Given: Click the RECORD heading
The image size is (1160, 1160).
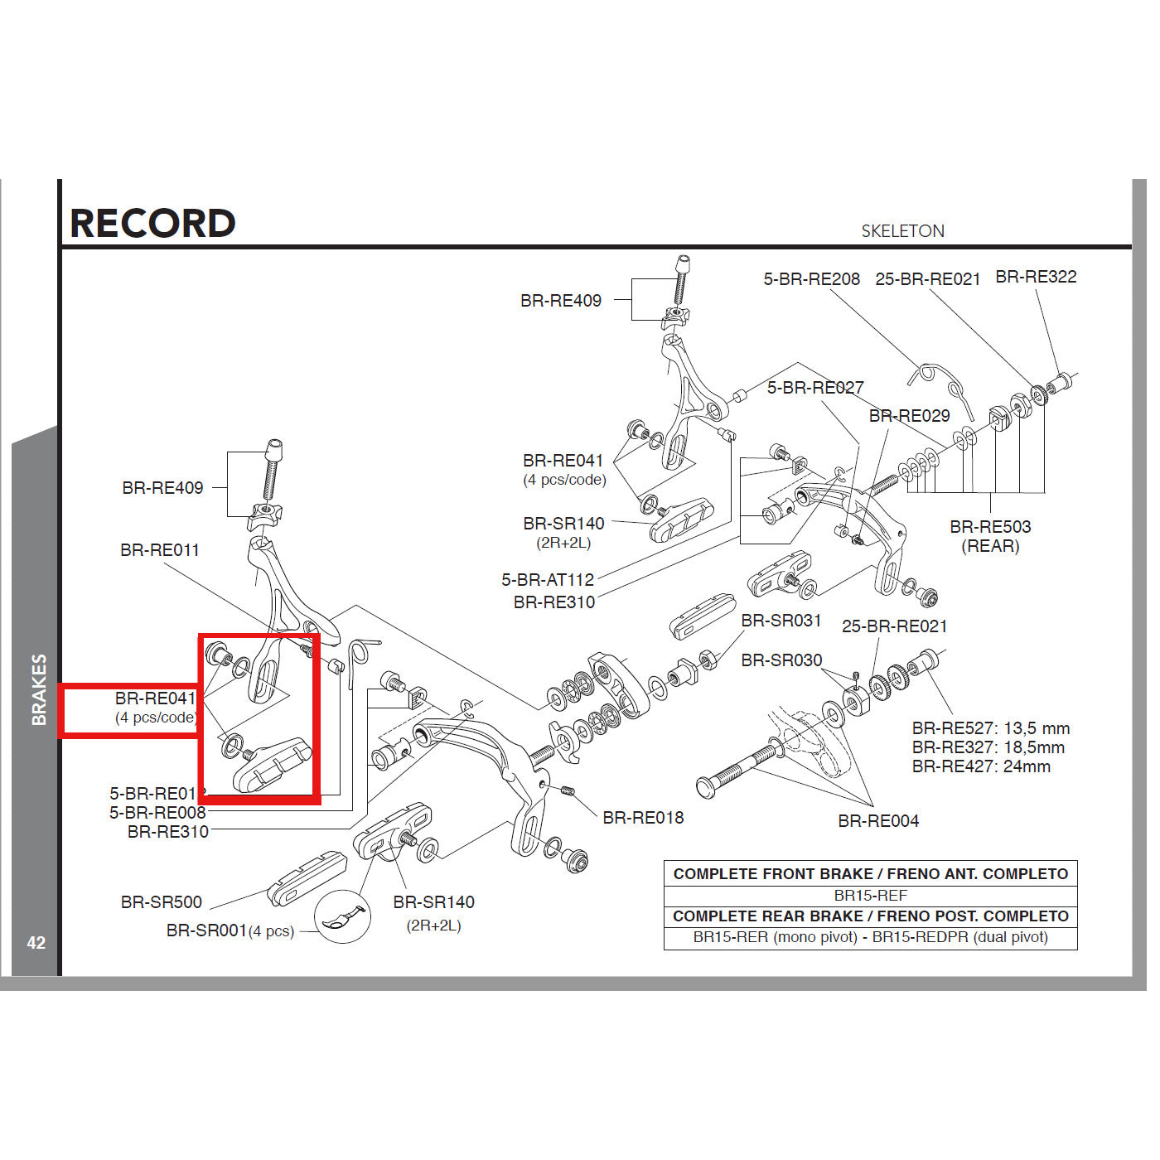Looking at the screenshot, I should pos(152,223).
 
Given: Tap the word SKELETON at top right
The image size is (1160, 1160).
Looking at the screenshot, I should pos(902,231).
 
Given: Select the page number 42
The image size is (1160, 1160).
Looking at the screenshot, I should pos(36,942).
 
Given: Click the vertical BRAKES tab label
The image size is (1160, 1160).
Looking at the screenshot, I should pos(39,689).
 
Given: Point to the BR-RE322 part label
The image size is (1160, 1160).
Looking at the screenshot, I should pos(1036,277).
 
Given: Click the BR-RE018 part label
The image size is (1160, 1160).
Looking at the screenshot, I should pos(643,818).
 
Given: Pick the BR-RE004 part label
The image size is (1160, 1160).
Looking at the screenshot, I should pos(878,821).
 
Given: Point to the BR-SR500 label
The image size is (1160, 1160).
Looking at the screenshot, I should pos(162,902).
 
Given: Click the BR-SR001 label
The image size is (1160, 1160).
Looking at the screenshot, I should pos(206,930).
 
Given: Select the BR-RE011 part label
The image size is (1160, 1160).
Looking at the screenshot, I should pos(160,550).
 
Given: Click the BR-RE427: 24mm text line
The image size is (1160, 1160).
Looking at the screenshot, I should pos(981,766).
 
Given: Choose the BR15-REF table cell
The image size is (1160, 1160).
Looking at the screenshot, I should pos(870,896).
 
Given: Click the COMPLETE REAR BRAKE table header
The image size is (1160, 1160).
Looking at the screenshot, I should pos(870,916).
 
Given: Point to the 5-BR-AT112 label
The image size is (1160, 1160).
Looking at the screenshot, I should pos(548,580).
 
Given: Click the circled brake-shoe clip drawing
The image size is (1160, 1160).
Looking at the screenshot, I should pos(341,917).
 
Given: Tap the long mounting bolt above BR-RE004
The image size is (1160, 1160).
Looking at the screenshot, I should pos(742,766).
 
